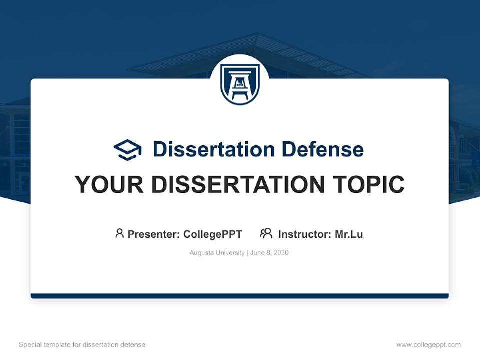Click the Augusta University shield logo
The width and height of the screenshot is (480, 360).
click(x=240, y=84)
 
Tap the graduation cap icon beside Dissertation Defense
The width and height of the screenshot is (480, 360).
click(x=127, y=150)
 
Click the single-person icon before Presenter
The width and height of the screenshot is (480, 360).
click(x=119, y=233)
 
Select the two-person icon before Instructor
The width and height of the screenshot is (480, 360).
click(x=266, y=233)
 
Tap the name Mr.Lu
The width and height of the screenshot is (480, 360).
click(x=349, y=234)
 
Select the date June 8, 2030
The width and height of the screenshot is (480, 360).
click(x=269, y=253)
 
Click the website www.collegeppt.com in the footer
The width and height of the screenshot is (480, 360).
click(x=428, y=345)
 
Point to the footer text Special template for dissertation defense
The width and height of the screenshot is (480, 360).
click(x=82, y=345)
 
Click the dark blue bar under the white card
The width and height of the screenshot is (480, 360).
click(x=240, y=296)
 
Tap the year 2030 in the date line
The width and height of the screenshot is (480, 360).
click(x=281, y=253)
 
